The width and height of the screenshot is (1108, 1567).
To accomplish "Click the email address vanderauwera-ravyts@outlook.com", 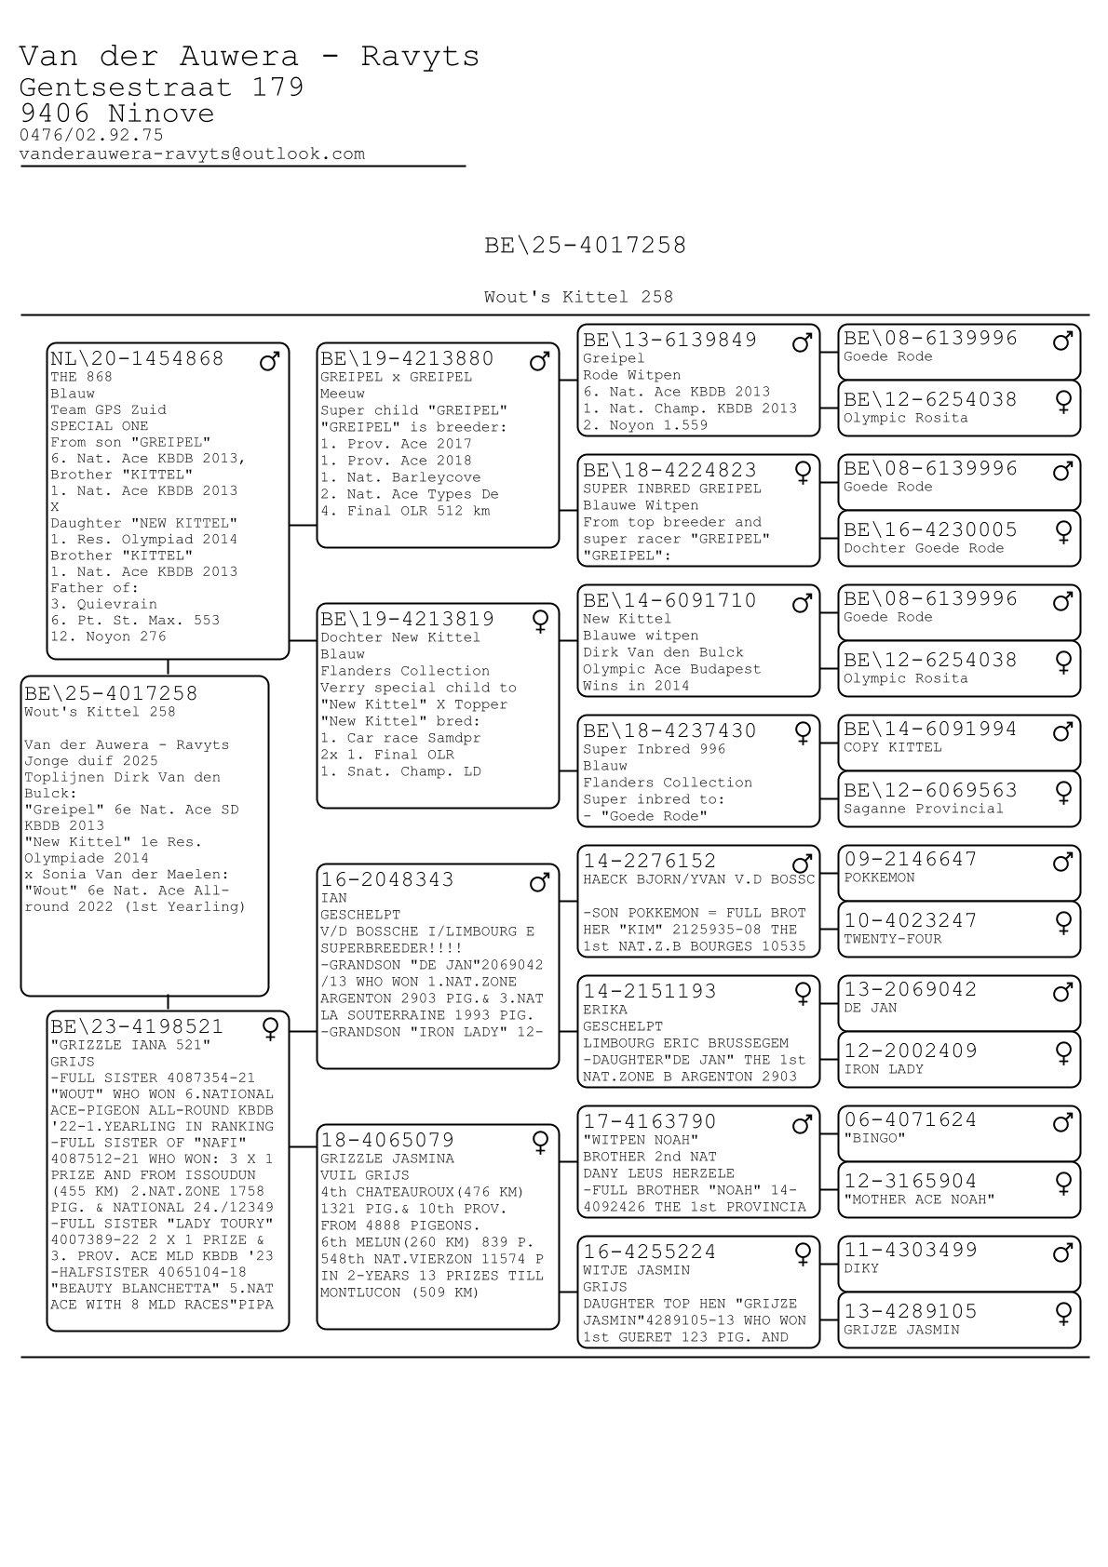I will click(x=192, y=154).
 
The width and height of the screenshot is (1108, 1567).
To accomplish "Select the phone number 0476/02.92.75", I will click(x=91, y=135).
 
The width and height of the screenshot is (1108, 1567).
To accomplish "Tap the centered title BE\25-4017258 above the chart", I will click(x=585, y=246).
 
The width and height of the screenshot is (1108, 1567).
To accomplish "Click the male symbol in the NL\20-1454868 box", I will click(x=270, y=361).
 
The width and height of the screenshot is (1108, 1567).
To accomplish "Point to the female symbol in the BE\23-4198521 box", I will click(x=270, y=1028).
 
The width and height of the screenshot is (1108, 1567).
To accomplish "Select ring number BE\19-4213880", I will click(x=407, y=358).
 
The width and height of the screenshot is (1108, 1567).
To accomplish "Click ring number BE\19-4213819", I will click(x=407, y=619).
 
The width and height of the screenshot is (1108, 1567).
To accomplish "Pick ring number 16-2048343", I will click(x=387, y=879).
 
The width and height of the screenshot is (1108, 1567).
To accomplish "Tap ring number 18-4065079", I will click(x=387, y=1140).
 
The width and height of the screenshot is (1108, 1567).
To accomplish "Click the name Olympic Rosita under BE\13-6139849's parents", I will click(x=892, y=418).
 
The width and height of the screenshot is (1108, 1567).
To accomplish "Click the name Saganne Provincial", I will click(x=923, y=809).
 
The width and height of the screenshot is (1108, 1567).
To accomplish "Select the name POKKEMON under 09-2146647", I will click(x=879, y=877).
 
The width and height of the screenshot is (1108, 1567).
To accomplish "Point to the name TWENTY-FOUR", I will click(x=892, y=939).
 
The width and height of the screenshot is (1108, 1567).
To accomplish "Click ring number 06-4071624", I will click(x=910, y=1119).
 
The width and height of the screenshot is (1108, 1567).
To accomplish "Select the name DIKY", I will click(x=860, y=1268).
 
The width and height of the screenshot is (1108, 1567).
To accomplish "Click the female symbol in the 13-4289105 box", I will click(x=1062, y=1313).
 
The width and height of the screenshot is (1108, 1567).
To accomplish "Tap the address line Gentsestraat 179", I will click(x=161, y=87).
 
